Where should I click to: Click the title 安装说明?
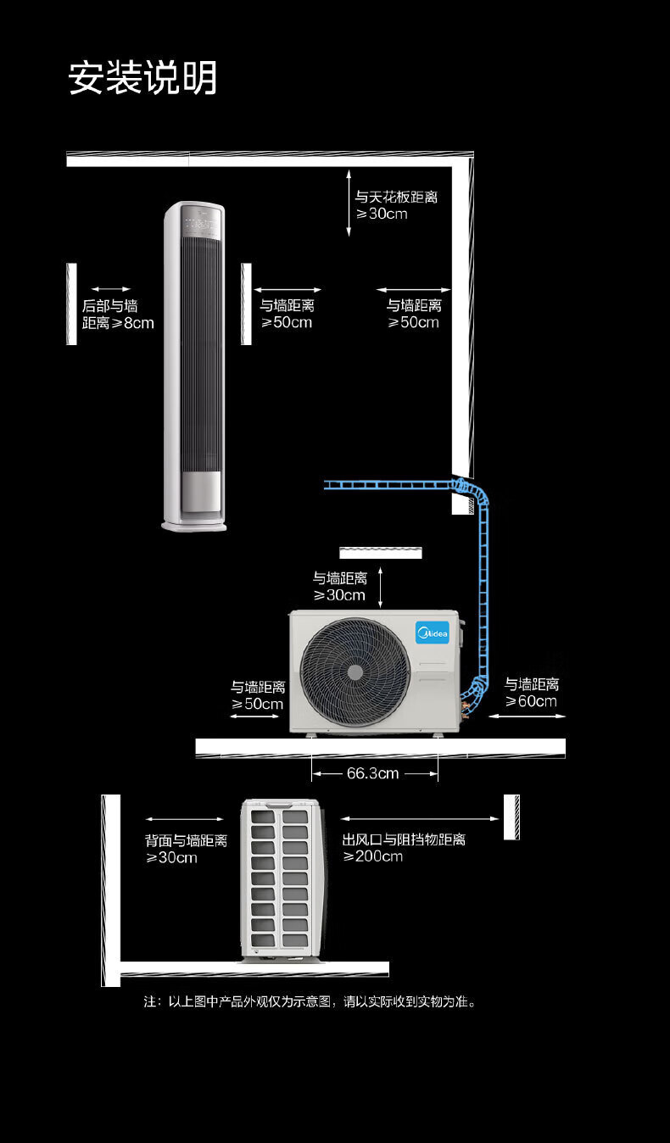tap(142, 78)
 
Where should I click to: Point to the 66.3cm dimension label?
tap(372, 773)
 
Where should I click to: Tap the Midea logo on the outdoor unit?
tap(432, 632)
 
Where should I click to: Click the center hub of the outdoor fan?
tap(355, 672)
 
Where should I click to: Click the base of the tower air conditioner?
tap(195, 525)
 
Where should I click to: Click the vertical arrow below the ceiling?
tap(349, 202)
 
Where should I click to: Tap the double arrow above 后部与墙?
tap(111, 289)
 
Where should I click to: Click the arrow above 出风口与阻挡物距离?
tap(420, 819)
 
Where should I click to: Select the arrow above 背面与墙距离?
tap(184, 819)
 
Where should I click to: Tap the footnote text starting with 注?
tap(310, 1001)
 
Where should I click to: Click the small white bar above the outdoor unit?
tap(381, 553)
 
